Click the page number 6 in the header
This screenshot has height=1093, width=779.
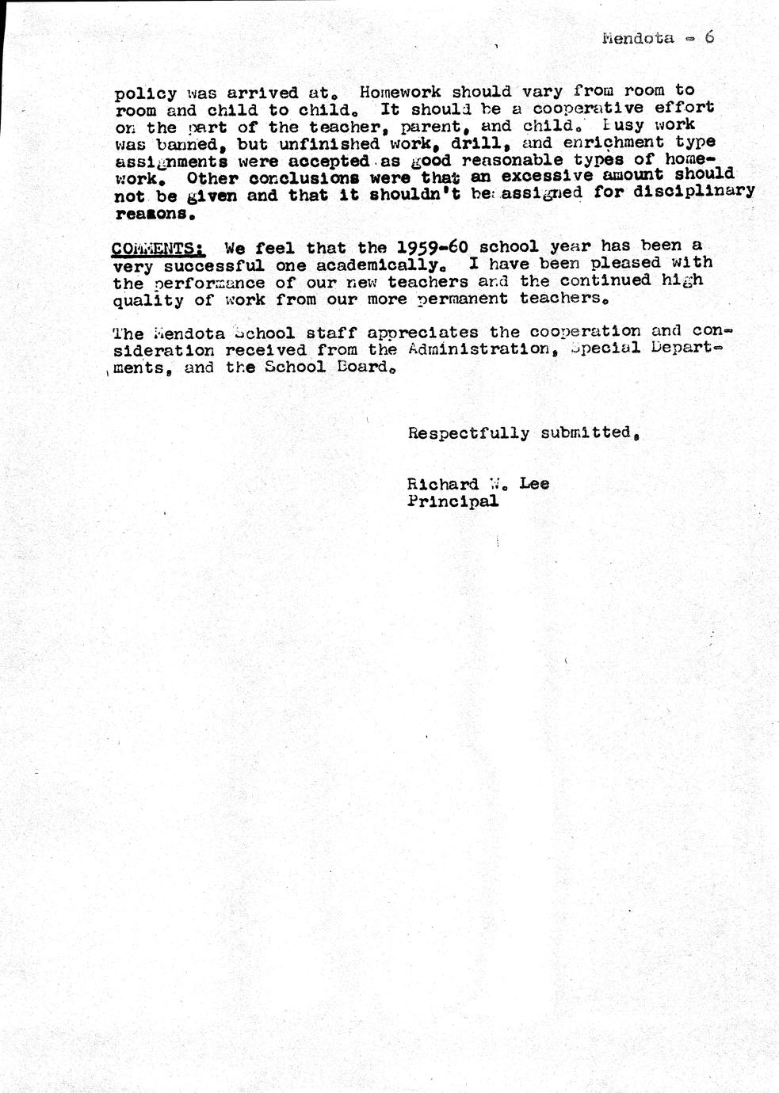coord(709,36)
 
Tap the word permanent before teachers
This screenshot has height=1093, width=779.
coord(464,299)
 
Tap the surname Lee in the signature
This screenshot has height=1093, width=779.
coord(534,483)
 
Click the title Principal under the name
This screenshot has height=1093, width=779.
coord(453,501)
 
